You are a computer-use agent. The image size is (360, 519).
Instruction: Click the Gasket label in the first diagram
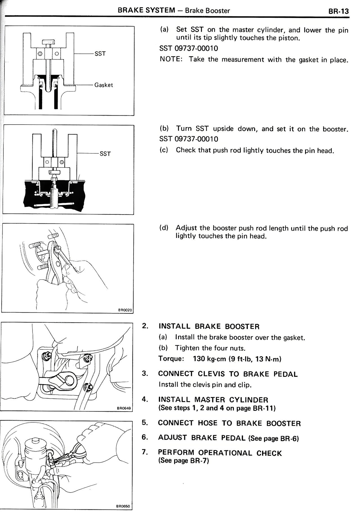(x=103, y=85)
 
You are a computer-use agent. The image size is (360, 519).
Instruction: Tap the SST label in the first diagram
(x=100, y=53)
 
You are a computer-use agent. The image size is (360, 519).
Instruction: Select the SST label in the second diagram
(x=105, y=153)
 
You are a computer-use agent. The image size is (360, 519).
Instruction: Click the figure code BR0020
(x=125, y=310)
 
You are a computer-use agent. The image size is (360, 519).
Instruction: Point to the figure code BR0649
(x=124, y=408)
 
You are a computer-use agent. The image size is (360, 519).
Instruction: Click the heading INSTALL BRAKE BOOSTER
(x=209, y=326)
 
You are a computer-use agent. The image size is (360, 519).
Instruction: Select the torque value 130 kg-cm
(x=209, y=359)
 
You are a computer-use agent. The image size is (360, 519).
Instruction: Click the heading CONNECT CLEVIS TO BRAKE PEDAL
(x=228, y=374)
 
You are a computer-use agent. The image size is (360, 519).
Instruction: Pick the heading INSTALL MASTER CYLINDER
(x=213, y=400)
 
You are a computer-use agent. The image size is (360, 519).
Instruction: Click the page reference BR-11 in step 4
(x=263, y=408)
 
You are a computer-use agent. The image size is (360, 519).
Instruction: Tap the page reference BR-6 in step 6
(x=289, y=439)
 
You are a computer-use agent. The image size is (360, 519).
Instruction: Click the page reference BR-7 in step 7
(x=199, y=461)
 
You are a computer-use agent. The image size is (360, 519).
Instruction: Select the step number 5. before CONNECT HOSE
(x=145, y=422)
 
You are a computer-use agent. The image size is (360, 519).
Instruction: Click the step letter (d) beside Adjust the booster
(x=164, y=228)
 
